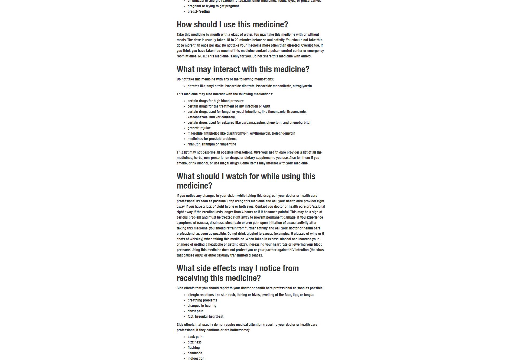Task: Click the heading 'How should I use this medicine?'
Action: coord(232,25)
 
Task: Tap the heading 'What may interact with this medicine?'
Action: coord(243,69)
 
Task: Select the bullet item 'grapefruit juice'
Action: coord(199,128)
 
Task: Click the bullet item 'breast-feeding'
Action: coord(198,12)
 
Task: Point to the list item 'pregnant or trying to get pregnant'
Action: coord(213,6)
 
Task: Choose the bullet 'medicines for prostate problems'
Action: coord(212,139)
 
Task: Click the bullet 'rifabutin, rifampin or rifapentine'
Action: coord(212,144)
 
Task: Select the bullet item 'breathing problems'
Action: coord(202,300)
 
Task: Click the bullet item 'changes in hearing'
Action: coord(202,306)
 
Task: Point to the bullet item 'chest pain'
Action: coord(195,311)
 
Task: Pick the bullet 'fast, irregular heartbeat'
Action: coord(205,317)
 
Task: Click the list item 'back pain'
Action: coord(195,337)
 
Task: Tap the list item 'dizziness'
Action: coord(194,342)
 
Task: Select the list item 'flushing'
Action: coord(193,348)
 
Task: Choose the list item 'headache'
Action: coord(195,353)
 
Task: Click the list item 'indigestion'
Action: coord(196,358)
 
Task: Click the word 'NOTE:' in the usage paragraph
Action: coord(202,56)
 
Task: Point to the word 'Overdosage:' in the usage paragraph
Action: coord(310,46)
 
